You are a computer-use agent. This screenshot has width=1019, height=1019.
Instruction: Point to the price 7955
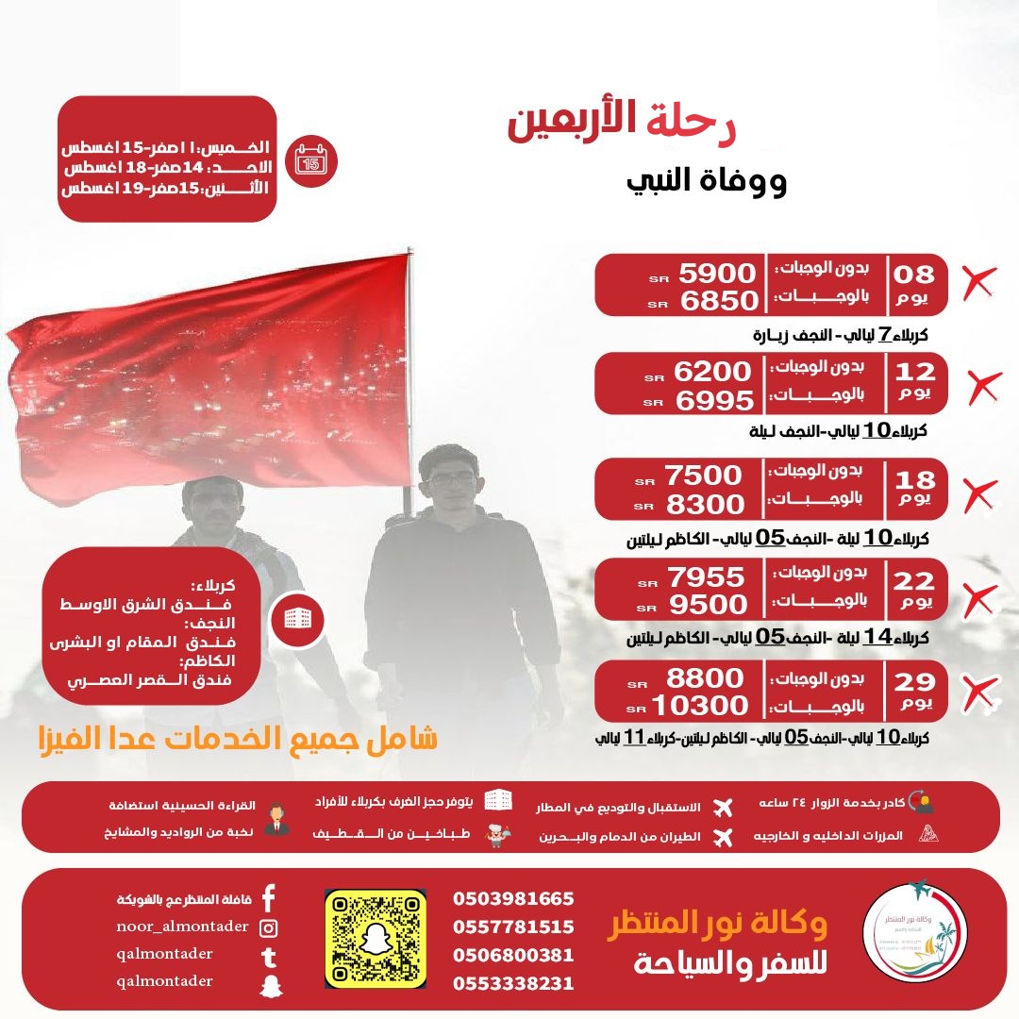click(705, 576)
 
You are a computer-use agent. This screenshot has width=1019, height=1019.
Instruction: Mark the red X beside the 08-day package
click(978, 282)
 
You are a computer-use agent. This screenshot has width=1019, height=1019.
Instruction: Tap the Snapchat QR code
click(376, 938)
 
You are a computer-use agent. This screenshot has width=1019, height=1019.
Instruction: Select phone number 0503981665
click(513, 898)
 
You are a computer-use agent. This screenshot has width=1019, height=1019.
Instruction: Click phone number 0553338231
click(513, 983)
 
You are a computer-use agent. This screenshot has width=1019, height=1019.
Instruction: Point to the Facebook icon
click(269, 897)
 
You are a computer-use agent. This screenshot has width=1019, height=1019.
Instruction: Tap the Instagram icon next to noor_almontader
click(269, 927)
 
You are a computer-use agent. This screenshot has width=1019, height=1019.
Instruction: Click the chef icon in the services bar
click(496, 836)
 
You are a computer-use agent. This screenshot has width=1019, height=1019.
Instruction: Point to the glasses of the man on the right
click(453, 479)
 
